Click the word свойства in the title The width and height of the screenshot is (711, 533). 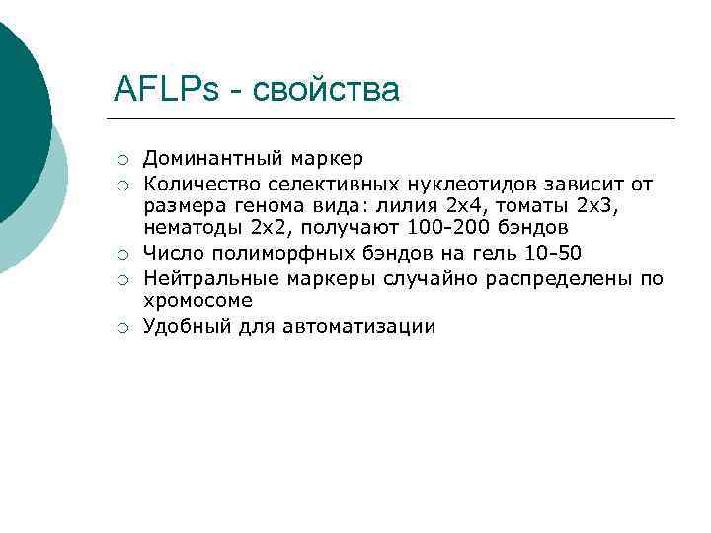pos(327,90)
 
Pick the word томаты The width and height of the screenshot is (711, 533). pos(534,206)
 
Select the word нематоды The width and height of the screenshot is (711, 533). pos(193,230)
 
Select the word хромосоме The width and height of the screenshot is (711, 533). pos(198,302)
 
